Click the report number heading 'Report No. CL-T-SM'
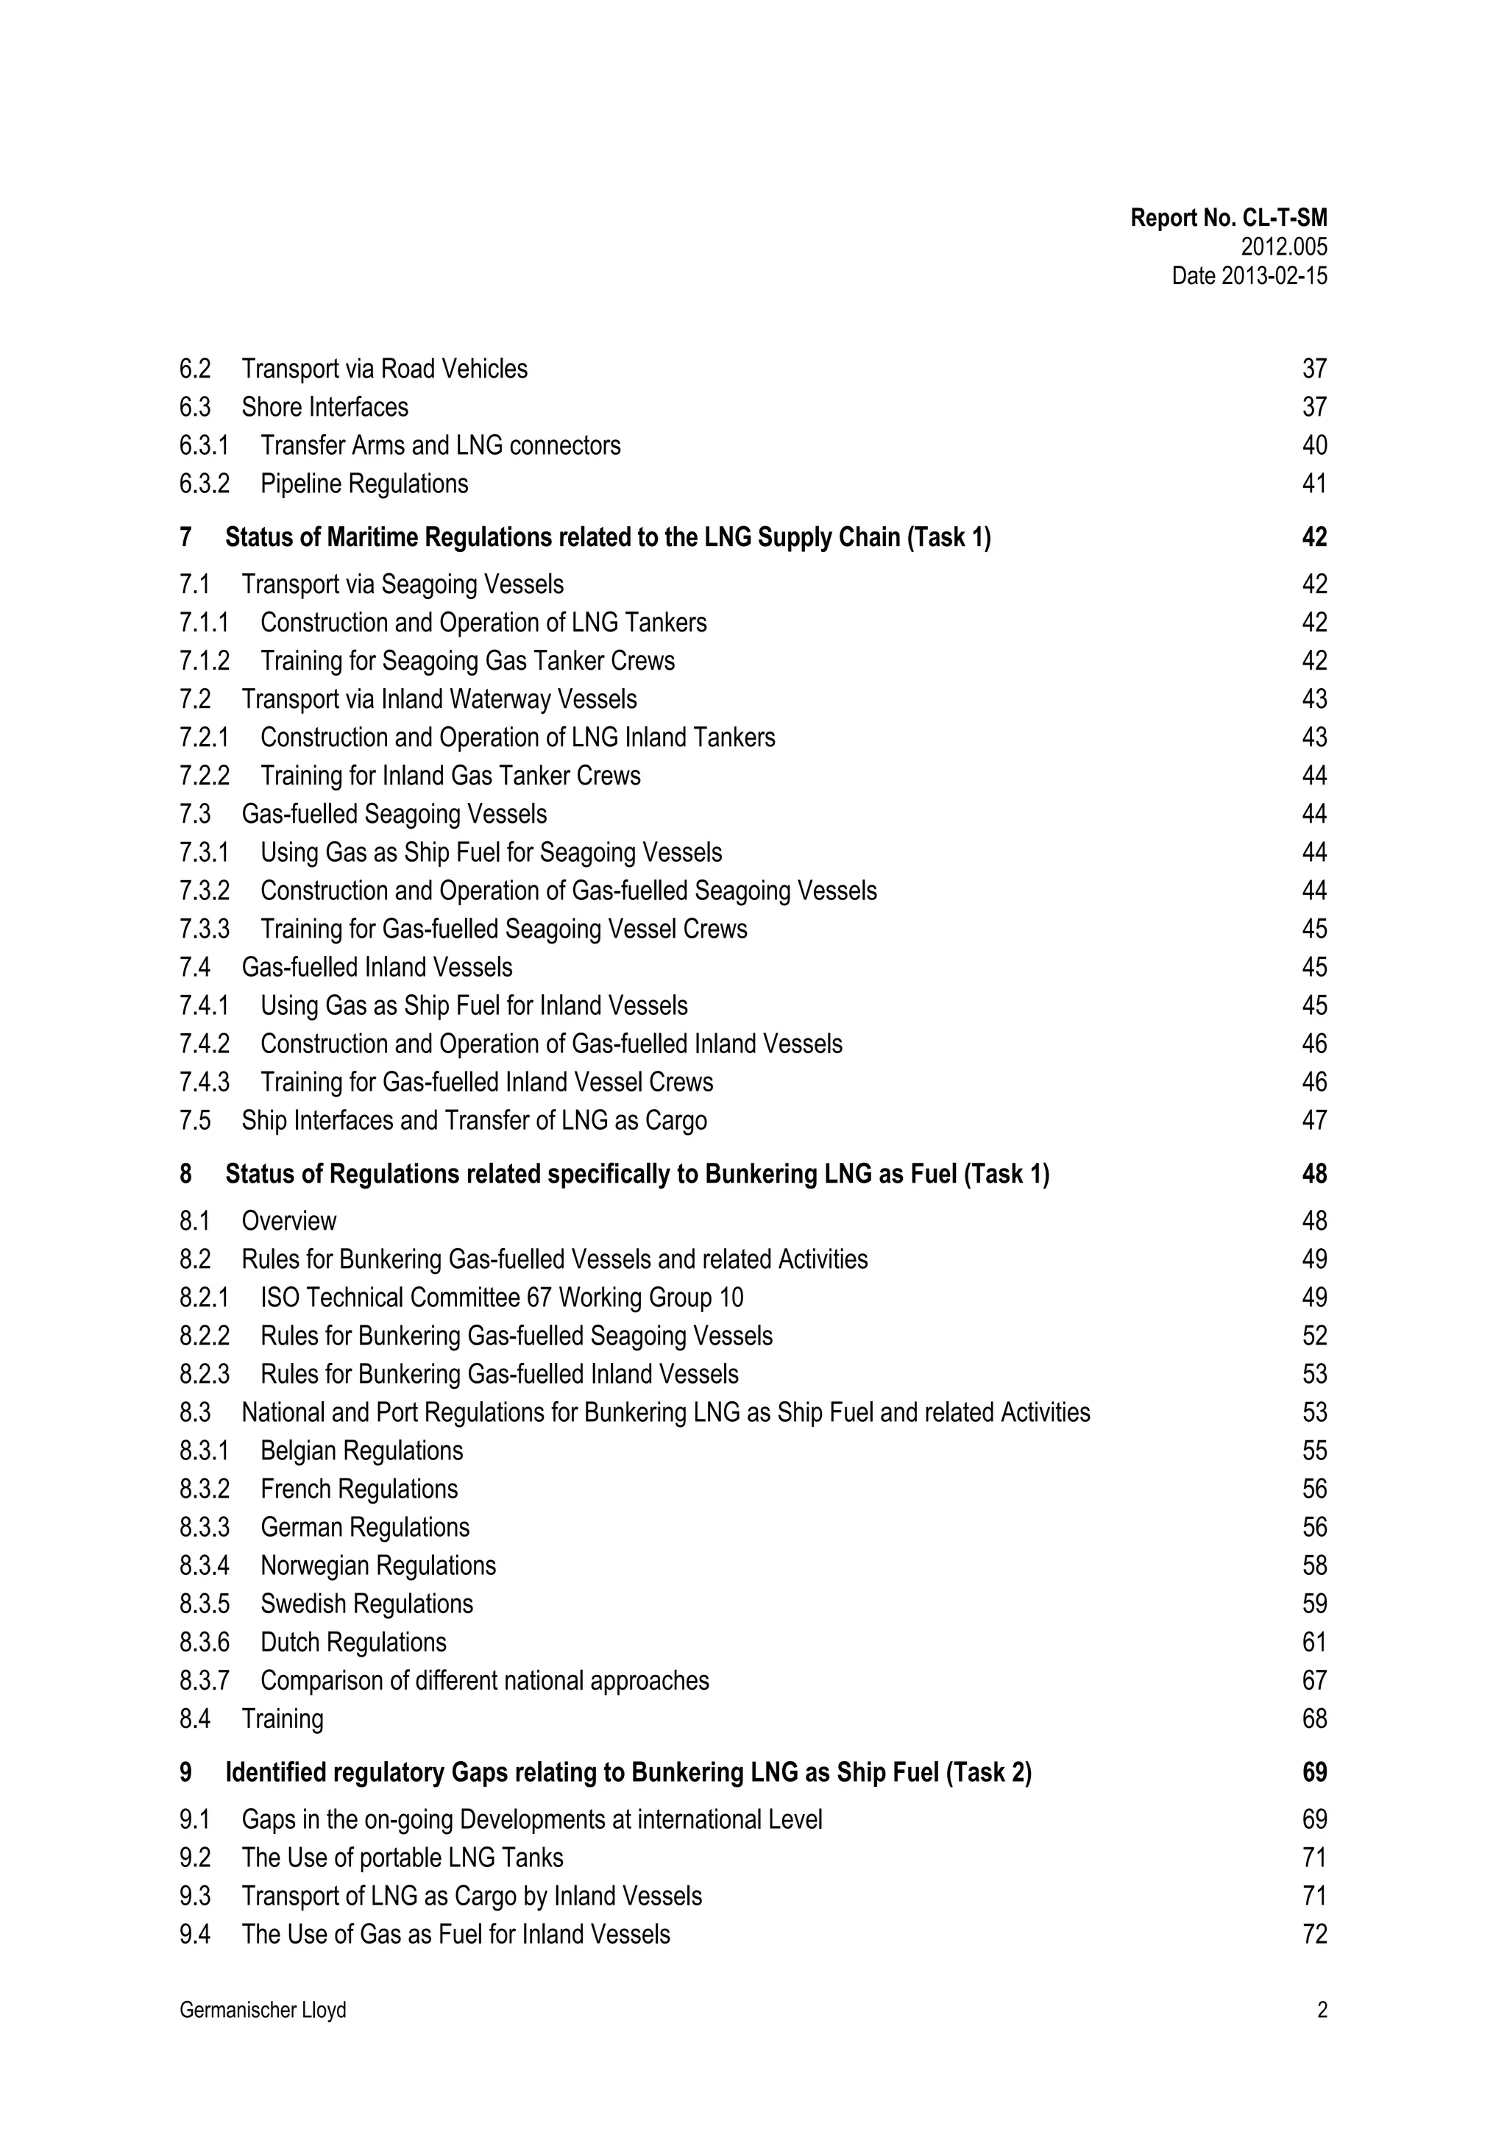click(1227, 219)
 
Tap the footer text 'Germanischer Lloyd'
click(263, 2011)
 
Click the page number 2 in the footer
click(1322, 2011)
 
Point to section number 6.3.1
click(203, 446)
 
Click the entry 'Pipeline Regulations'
click(364, 484)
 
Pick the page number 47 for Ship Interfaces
click(1314, 1121)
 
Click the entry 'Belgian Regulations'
click(361, 1451)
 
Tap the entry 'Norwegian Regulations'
click(378, 1565)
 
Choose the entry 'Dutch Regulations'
click(353, 1642)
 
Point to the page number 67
click(1314, 1681)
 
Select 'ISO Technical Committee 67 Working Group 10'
click(501, 1297)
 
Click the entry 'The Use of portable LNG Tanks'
click(402, 1857)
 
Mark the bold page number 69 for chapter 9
click(1314, 1773)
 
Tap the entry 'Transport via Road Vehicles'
click(384, 369)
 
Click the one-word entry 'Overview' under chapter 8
click(288, 1221)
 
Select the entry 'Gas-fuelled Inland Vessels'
click(377, 968)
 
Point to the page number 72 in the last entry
click(1314, 1934)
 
